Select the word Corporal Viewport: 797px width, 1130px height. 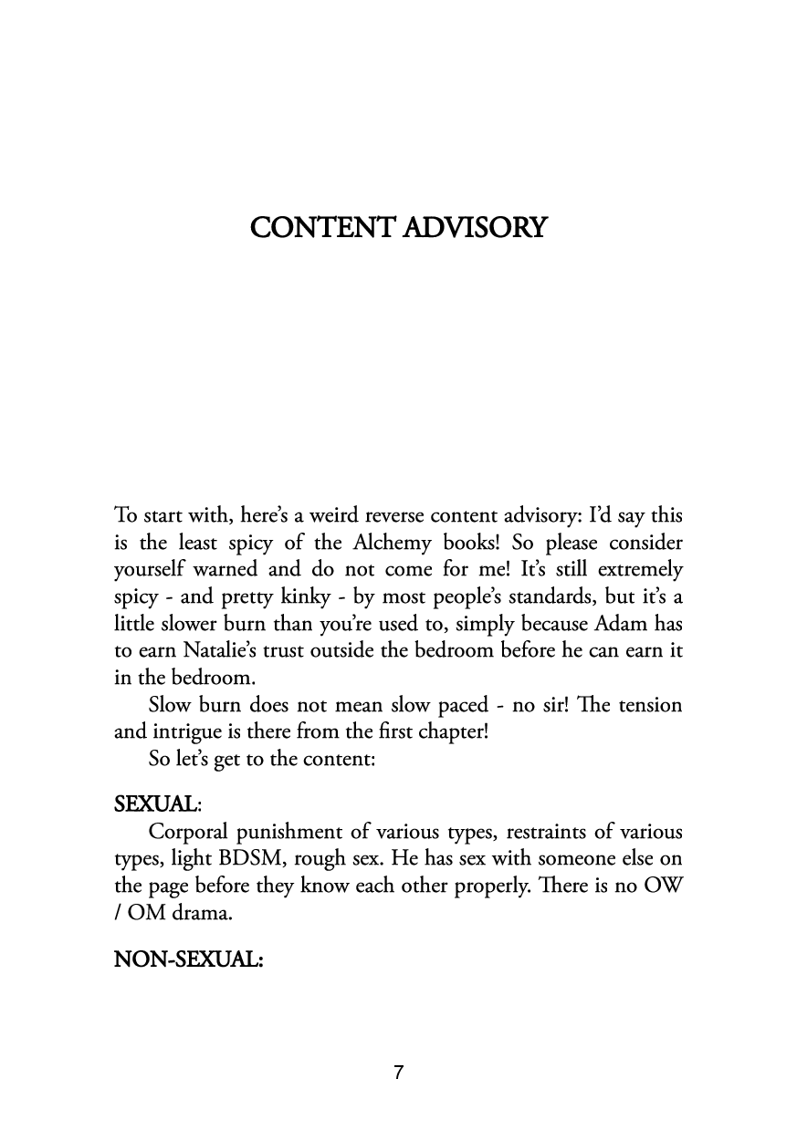point(190,832)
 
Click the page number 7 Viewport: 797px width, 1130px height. point(398,1073)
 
